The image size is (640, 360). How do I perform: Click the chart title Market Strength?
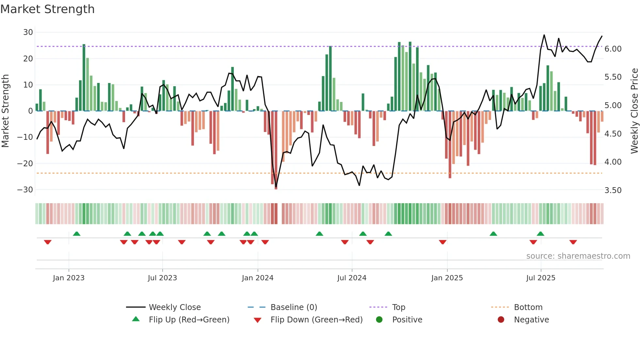point(47,9)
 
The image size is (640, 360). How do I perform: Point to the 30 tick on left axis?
point(28,32)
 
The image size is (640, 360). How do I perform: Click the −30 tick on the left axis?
point(25,190)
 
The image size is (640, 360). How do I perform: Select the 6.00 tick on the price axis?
point(613,49)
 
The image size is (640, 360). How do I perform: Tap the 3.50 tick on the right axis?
point(613,190)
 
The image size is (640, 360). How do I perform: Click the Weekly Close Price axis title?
point(634,111)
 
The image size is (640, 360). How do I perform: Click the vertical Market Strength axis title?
point(5,111)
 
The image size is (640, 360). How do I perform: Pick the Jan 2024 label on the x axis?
point(258,278)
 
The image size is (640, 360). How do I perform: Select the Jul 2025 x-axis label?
point(541,278)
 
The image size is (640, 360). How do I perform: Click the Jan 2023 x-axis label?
point(69,278)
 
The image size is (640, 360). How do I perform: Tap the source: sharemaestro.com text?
point(578,256)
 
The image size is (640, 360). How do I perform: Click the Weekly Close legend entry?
point(175,307)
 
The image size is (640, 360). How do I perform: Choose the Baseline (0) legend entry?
point(294,307)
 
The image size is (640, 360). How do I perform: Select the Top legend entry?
point(398,307)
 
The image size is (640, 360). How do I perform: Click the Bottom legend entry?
point(528,307)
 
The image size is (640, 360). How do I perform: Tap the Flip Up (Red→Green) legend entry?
point(189,320)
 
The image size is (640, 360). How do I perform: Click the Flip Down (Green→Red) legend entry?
point(316,320)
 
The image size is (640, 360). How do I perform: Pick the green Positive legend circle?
point(379,320)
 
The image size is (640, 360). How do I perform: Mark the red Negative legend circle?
point(501,320)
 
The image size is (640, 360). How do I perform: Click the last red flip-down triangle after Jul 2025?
point(573,242)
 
